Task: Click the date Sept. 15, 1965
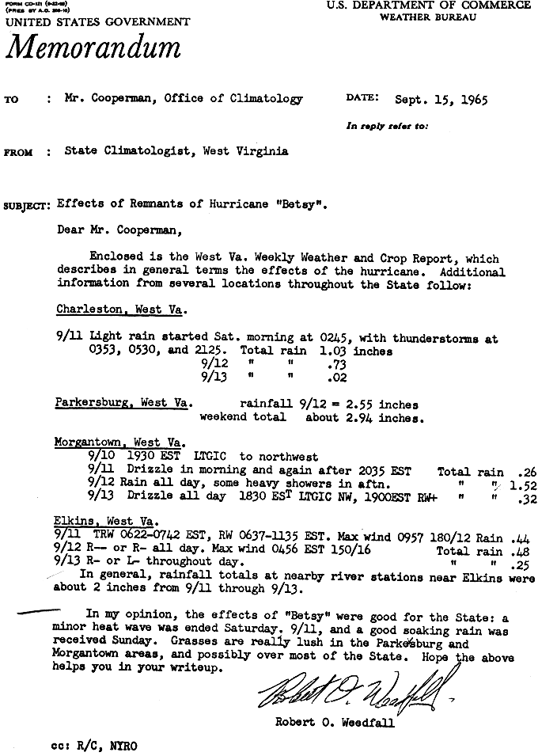(x=441, y=101)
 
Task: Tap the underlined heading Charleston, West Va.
(x=120, y=310)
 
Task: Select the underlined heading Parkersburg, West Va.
(x=123, y=403)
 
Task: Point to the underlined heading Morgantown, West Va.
(x=119, y=442)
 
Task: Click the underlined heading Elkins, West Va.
(x=105, y=522)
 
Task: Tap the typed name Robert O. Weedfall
(x=335, y=722)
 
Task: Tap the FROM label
(x=18, y=153)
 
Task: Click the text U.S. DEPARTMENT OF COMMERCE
(x=427, y=6)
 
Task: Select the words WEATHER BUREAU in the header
(x=427, y=17)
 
